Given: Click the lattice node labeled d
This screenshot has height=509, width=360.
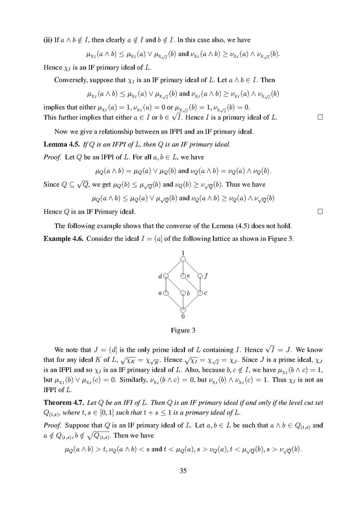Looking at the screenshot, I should [166, 276].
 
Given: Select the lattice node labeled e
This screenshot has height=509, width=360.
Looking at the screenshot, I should [183, 276].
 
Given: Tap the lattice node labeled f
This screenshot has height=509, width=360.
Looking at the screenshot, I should [200, 276].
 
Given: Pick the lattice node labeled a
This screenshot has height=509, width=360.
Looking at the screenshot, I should [166, 292].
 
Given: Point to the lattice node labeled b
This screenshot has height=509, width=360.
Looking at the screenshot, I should [183, 293].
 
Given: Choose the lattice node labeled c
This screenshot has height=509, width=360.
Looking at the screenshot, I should [200, 292].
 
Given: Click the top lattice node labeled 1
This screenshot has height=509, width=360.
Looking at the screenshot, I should [183, 259].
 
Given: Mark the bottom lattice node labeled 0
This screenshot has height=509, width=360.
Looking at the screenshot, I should [183, 309].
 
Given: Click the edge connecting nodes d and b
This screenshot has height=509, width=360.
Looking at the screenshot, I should [174, 284].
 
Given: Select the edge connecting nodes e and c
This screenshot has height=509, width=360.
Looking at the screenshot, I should [191, 284].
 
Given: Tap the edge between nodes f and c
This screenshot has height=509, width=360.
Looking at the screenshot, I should [200, 284].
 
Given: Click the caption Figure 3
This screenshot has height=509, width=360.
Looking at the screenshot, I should [183, 330].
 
